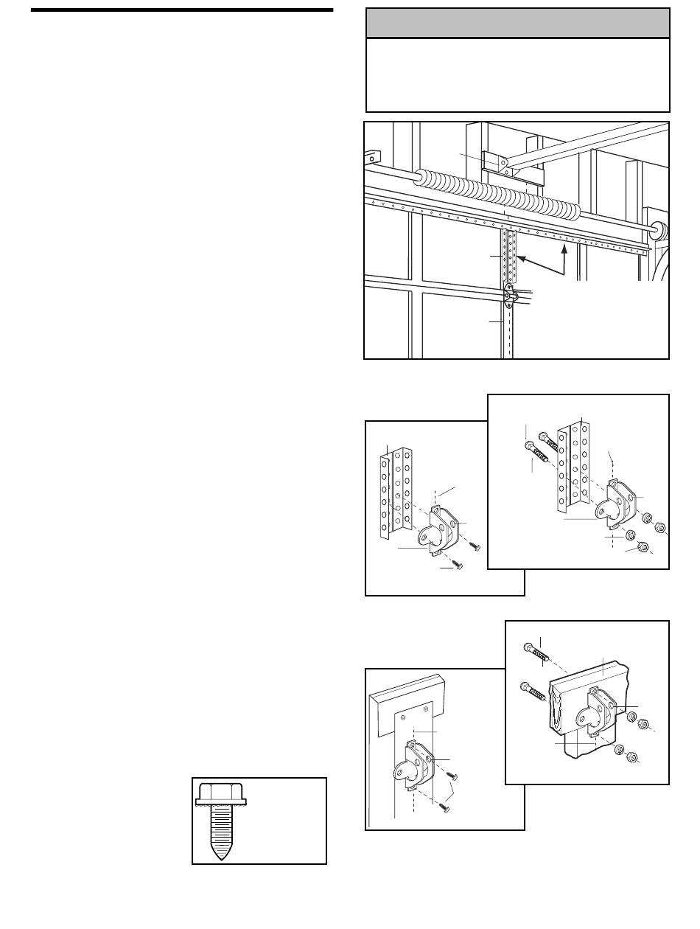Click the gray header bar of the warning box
tap(517, 24)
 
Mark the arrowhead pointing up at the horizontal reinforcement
tap(564, 249)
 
